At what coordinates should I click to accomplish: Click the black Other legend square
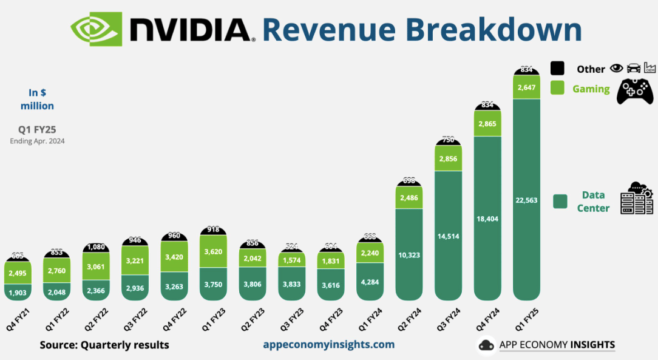coord(557,69)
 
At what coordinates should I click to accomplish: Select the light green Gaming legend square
coord(557,88)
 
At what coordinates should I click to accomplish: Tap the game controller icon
coord(635,91)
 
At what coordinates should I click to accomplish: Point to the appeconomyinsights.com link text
coord(328,345)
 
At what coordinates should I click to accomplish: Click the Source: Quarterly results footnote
coord(104,345)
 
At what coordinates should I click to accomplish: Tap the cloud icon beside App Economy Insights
coord(486,345)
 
